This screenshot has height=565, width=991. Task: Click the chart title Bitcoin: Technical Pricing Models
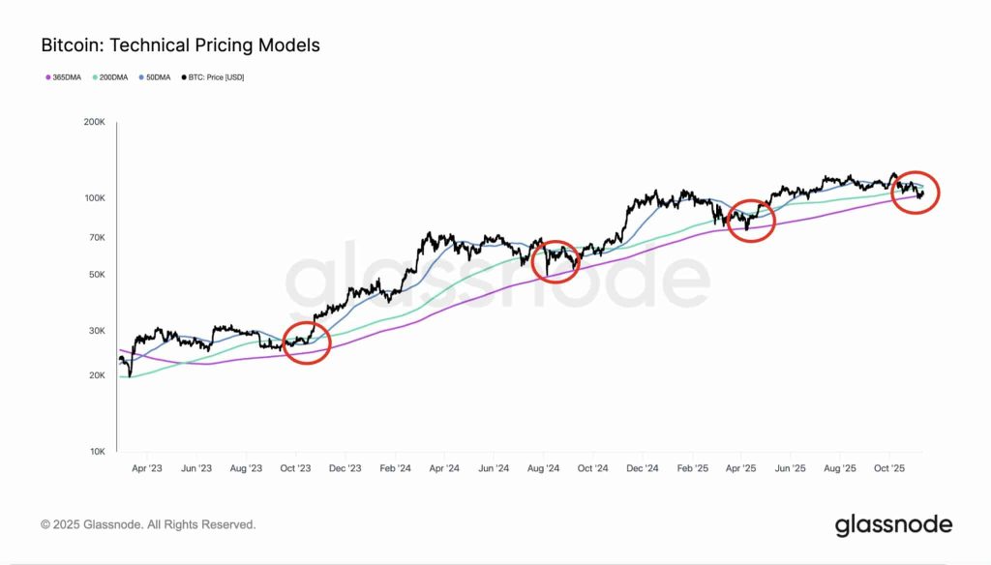coord(180,45)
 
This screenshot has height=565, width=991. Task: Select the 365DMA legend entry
coord(64,76)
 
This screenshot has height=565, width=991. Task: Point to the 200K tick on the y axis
coord(93,123)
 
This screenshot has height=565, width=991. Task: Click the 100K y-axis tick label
coord(93,198)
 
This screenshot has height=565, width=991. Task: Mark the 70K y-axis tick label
coord(95,237)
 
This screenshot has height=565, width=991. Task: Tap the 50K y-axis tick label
coord(95,275)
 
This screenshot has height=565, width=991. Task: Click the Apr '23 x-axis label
coord(146,468)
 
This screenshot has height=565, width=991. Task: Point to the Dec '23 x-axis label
coord(345,468)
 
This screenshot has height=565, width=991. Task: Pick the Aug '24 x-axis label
coord(543,468)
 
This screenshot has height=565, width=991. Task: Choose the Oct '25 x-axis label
coord(890,468)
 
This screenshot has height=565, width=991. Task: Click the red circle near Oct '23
coord(307,342)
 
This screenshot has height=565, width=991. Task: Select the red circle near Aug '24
coord(556,261)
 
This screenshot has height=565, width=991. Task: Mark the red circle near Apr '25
coord(751,220)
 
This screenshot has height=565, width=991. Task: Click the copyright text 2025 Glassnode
coord(148,524)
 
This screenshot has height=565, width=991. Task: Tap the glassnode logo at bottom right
coord(893,525)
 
